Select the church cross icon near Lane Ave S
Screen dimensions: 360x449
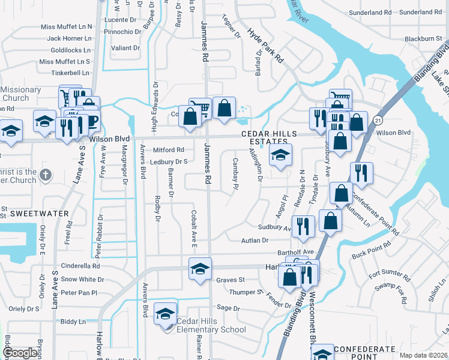pos(46,175)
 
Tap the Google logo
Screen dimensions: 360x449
pos(20,353)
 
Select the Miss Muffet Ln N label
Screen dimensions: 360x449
pos(66,27)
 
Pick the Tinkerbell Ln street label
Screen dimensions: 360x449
pos(70,73)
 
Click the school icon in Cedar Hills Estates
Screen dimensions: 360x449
pos(280,155)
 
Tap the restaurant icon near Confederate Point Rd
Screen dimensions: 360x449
pos(361,173)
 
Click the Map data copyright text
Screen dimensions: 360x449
pos(424,355)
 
